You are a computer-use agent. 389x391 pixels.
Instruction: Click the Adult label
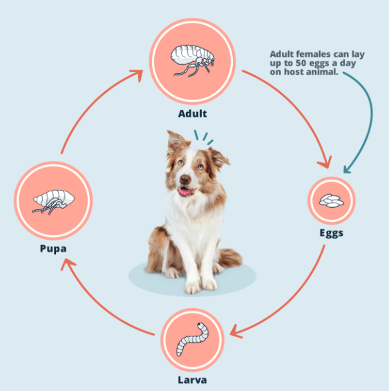point(193,114)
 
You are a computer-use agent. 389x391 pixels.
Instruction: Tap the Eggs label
point(332,233)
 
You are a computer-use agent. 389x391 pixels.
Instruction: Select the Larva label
point(192,380)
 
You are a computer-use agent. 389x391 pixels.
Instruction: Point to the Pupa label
point(53,249)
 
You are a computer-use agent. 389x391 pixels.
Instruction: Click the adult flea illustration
point(192,60)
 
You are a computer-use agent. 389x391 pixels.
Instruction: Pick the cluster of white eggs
point(332,200)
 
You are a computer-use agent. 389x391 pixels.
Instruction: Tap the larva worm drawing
point(193,339)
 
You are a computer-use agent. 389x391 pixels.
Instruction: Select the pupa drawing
point(53,202)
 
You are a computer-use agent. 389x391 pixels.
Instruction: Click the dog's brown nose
point(185,179)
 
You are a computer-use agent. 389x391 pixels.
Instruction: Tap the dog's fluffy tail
point(230,258)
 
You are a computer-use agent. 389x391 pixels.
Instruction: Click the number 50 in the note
point(301,63)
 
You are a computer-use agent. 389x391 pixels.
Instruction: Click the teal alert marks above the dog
point(203,137)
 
